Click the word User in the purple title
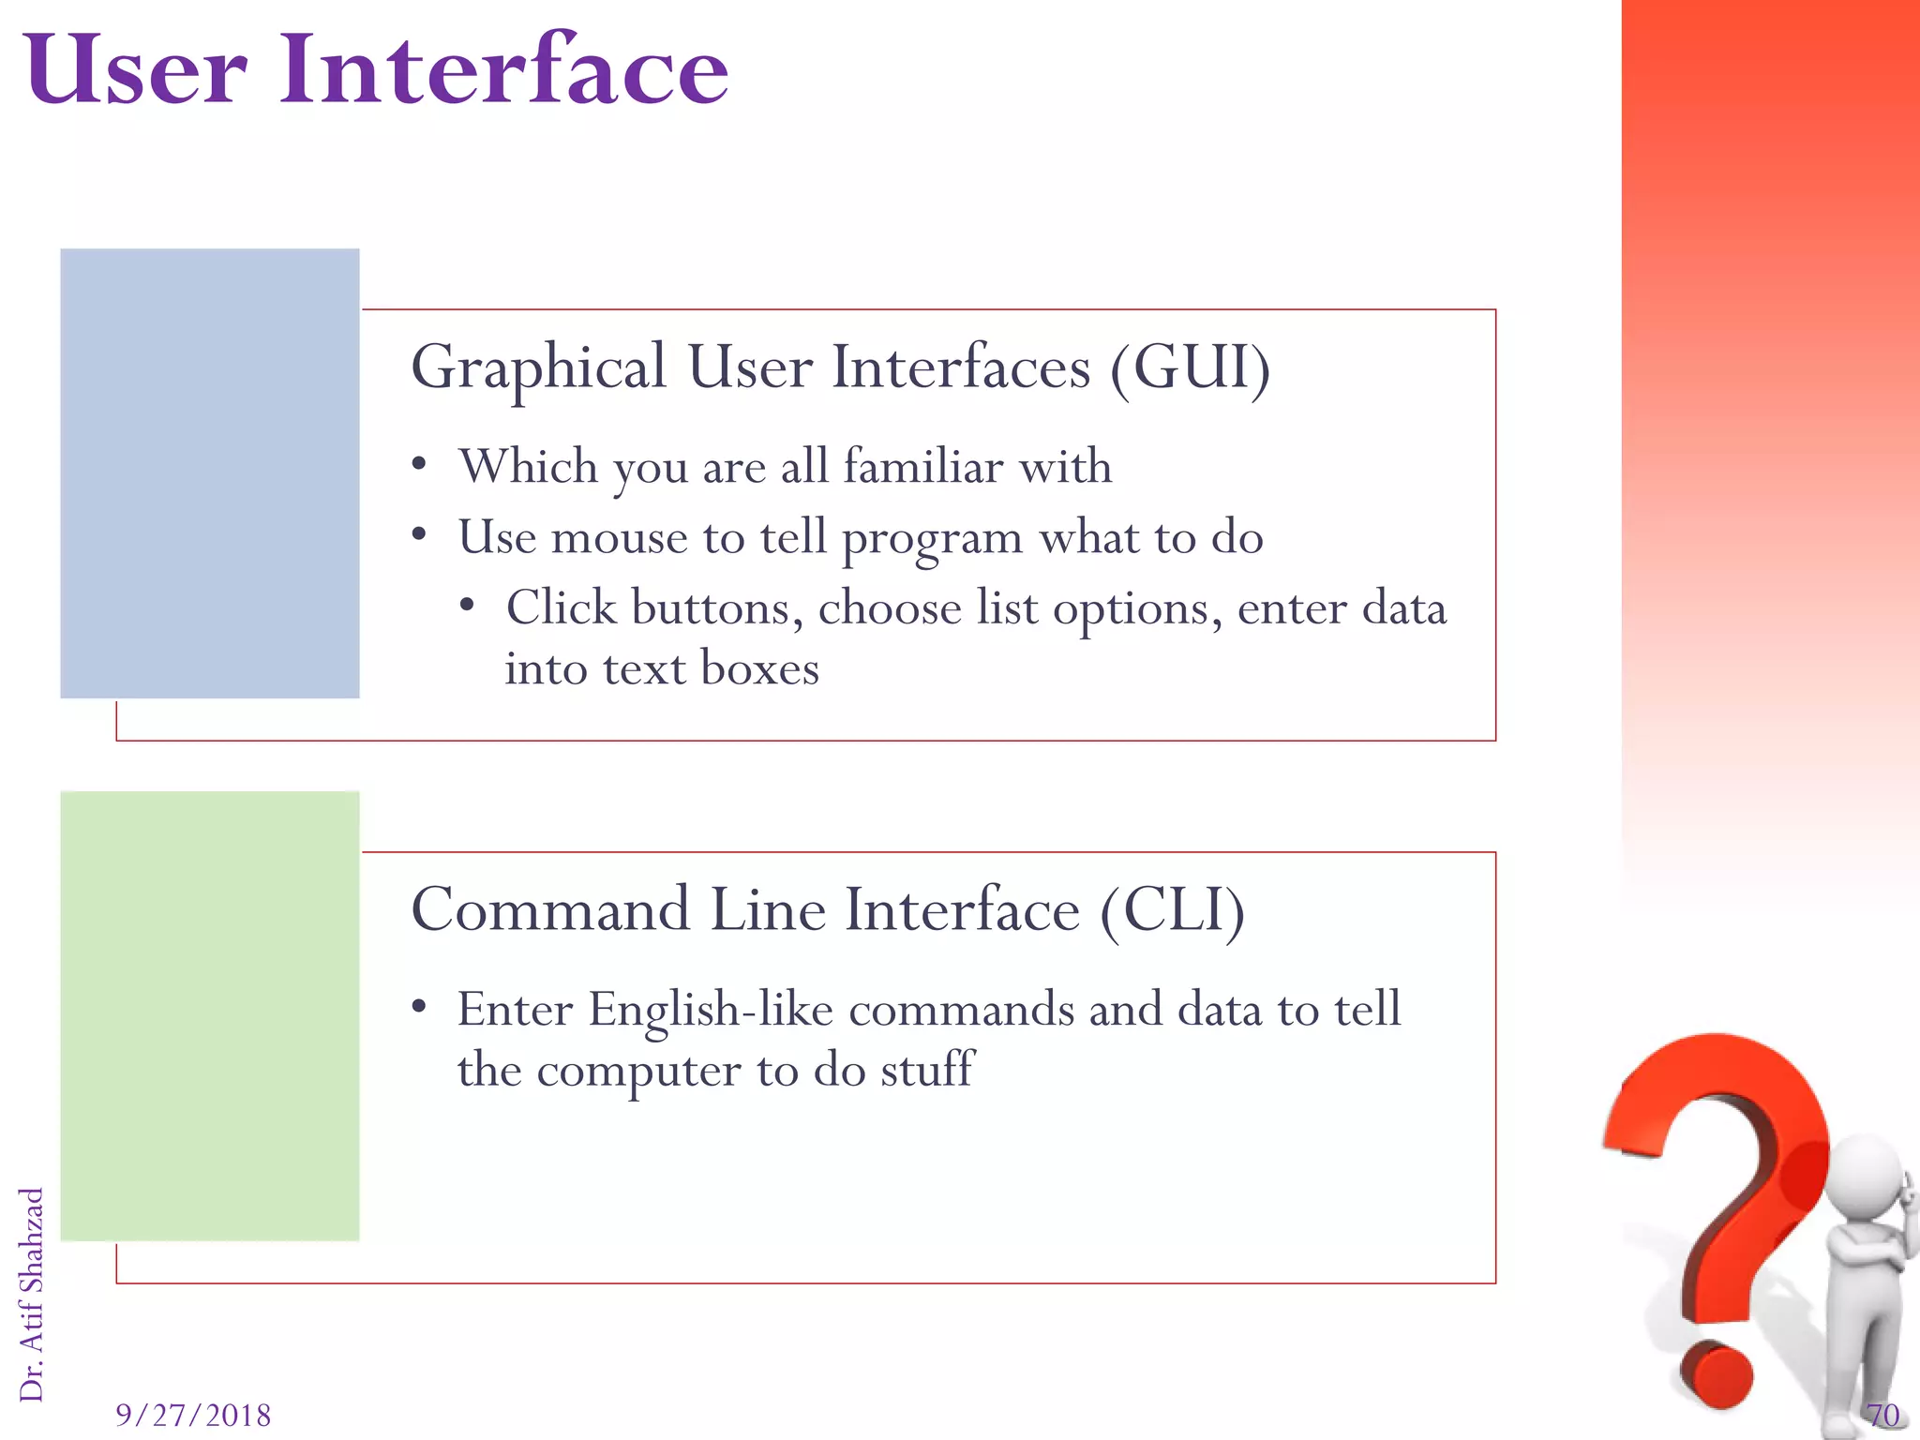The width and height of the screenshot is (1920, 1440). coord(137,70)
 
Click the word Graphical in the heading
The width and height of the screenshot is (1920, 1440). coord(538,368)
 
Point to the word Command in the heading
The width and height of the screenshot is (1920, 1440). coord(550,909)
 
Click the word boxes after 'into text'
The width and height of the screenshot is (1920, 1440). coord(759,669)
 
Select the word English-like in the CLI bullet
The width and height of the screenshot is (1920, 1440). coord(711,1011)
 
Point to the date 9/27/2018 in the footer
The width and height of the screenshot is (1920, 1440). coord(193,1415)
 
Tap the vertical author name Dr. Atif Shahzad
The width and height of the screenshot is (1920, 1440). coord(32,1294)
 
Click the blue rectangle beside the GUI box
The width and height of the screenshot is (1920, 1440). coord(209,473)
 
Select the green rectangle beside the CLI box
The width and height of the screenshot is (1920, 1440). coord(209,1016)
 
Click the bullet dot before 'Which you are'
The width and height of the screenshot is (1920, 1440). coord(419,465)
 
